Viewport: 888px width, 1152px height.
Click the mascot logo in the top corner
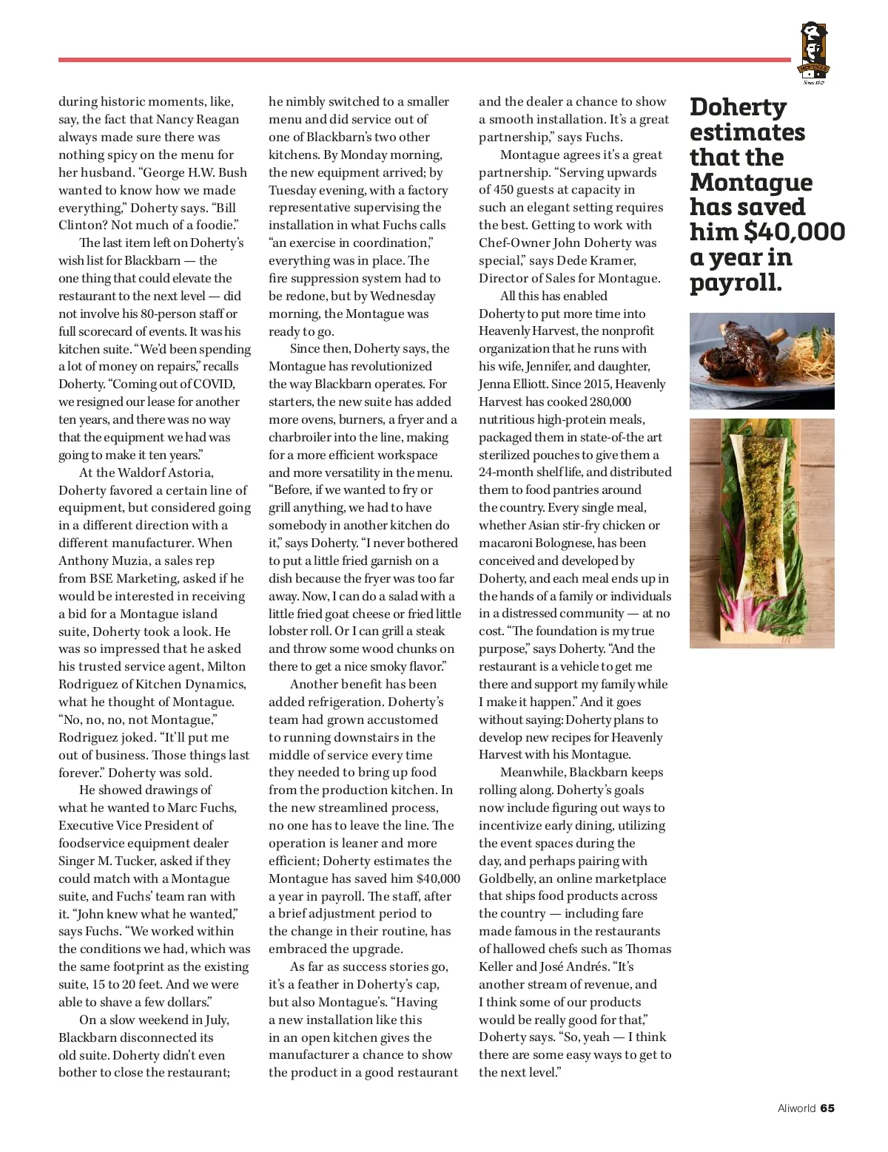pos(814,52)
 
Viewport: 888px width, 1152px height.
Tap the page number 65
pos(827,1108)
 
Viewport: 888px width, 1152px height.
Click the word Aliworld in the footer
pos(796,1108)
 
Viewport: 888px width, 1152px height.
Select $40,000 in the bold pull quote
pos(794,232)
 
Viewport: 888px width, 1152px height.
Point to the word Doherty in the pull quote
pos(738,107)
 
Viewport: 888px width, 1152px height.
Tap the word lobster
pos(291,631)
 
